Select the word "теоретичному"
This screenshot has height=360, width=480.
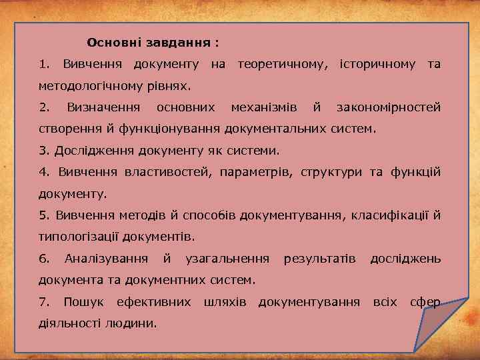[x=283, y=64]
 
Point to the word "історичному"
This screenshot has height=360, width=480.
[x=378, y=64]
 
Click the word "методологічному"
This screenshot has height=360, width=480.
[x=90, y=85]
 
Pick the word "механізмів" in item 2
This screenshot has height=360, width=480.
[x=263, y=107]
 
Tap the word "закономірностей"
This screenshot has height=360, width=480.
[x=388, y=107]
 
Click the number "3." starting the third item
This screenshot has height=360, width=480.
[x=44, y=150]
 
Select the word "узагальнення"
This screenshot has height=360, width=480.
[x=227, y=258]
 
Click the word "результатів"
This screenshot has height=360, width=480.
[x=319, y=258]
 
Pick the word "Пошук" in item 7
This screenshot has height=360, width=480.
[x=83, y=301]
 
